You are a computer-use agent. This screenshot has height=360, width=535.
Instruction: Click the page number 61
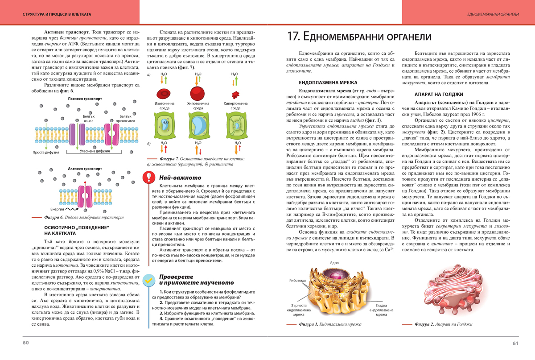pos(515,343)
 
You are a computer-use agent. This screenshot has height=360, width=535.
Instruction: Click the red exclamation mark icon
pos(148,177)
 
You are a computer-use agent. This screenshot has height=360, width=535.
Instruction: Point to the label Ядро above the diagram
pos(334,263)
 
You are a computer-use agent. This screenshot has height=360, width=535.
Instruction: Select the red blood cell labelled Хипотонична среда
pos(198,93)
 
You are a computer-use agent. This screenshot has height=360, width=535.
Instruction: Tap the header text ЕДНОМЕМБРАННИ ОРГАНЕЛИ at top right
pos(493,14)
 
